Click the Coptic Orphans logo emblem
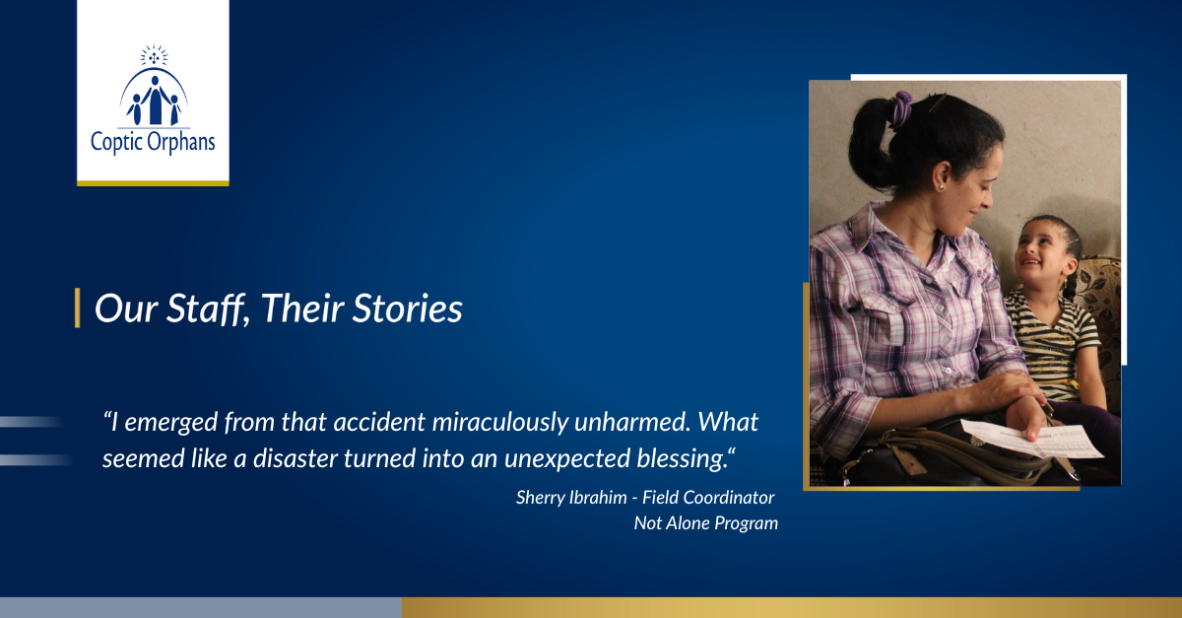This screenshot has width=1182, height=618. coord(154,86)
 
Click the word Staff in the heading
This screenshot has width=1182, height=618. coord(206,309)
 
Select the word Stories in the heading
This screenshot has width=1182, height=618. coord(408,309)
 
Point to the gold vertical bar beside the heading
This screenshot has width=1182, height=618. coord(78,308)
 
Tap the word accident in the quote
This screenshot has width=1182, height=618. coord(379,422)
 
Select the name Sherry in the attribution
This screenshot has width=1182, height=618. coord(540,498)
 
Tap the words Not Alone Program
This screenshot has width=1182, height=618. coord(706,523)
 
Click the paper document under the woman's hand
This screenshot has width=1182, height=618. coord(1031,439)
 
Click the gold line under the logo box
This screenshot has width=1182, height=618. coord(153,183)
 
